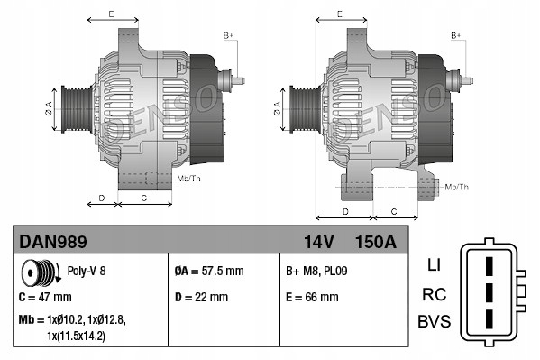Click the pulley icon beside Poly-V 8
pyautogui.click(x=36, y=270)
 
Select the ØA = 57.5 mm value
pyautogui.click(x=208, y=271)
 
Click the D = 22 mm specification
pyautogui.click(x=201, y=296)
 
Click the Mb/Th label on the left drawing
pyautogui.click(x=189, y=179)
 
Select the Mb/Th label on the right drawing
pyautogui.click(x=457, y=187)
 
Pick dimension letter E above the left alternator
pyautogui.click(x=110, y=14)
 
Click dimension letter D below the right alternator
pyautogui.click(x=346, y=210)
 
